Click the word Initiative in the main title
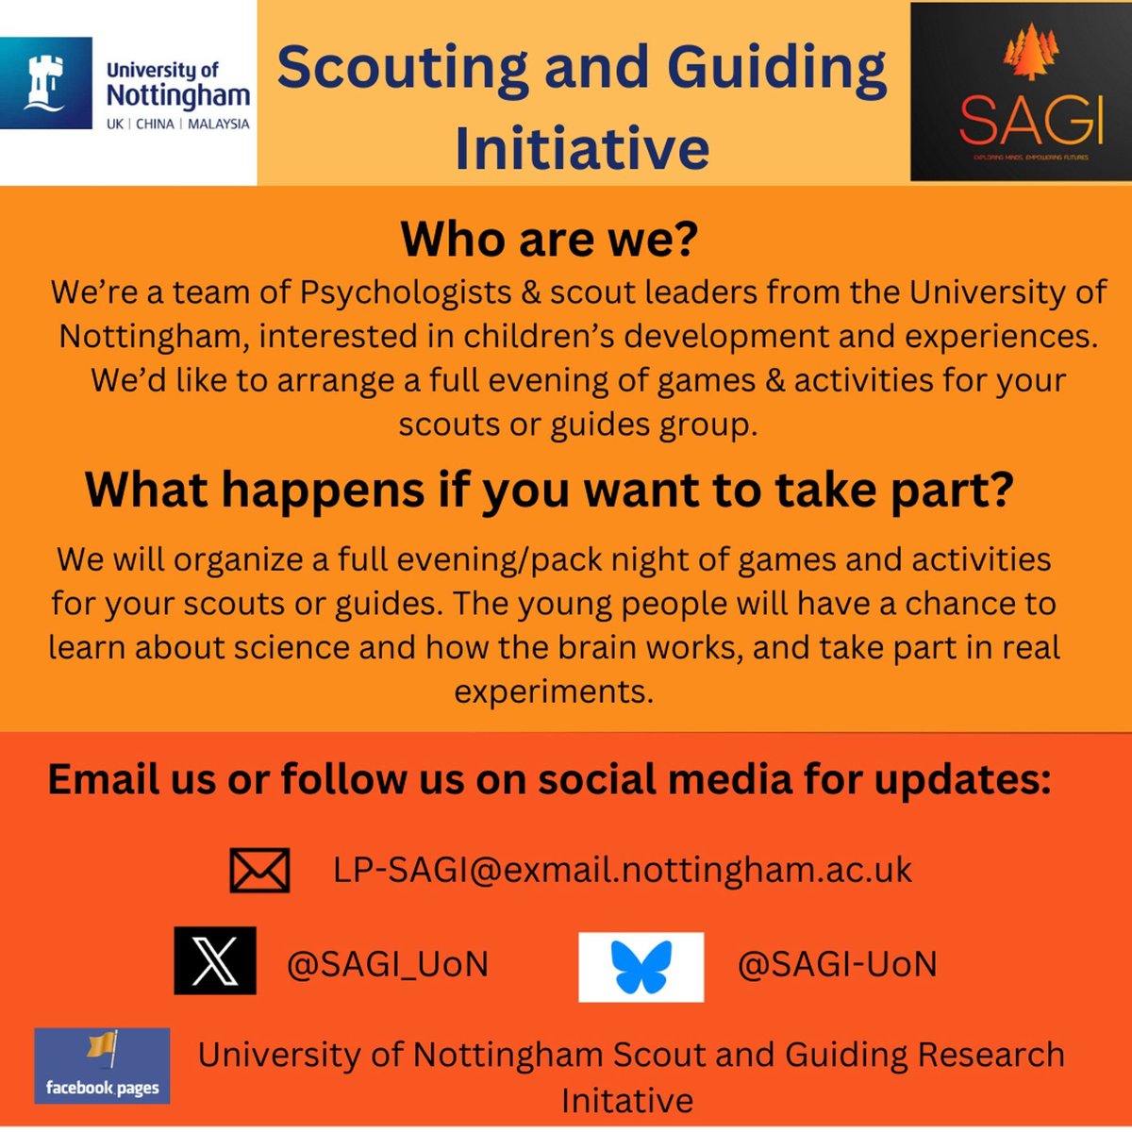pos(582,148)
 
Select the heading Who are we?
pos(549,239)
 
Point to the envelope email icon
pos(259,870)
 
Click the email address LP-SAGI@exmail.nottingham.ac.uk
pos(622,869)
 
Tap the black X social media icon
pos(215,961)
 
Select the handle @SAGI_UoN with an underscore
pos(388,964)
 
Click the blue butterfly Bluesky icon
pos(641,967)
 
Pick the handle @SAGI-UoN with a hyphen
pos(837,964)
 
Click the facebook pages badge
pos(102,1066)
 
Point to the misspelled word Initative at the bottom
pos(626,1100)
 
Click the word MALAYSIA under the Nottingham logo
pos(219,124)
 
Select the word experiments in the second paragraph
pos(554,691)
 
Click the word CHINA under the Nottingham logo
pos(155,124)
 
